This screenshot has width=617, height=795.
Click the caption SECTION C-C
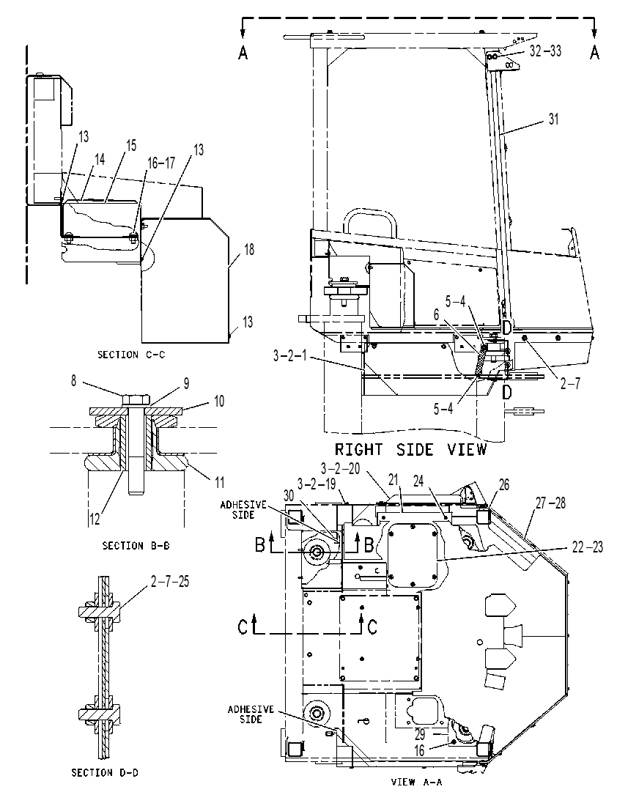click(x=131, y=355)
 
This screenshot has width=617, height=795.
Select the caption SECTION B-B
click(x=136, y=546)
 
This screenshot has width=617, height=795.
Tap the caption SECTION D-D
click(x=105, y=773)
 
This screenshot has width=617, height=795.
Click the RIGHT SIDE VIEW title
click(x=410, y=450)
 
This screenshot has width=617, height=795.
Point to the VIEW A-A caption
click(x=417, y=783)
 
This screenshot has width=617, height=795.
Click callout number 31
click(x=554, y=119)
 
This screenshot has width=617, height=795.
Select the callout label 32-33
click(x=545, y=51)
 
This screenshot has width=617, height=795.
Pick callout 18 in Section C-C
click(x=249, y=249)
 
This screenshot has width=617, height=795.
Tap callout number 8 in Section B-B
click(x=73, y=381)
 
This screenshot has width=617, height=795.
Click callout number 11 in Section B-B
click(x=220, y=481)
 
